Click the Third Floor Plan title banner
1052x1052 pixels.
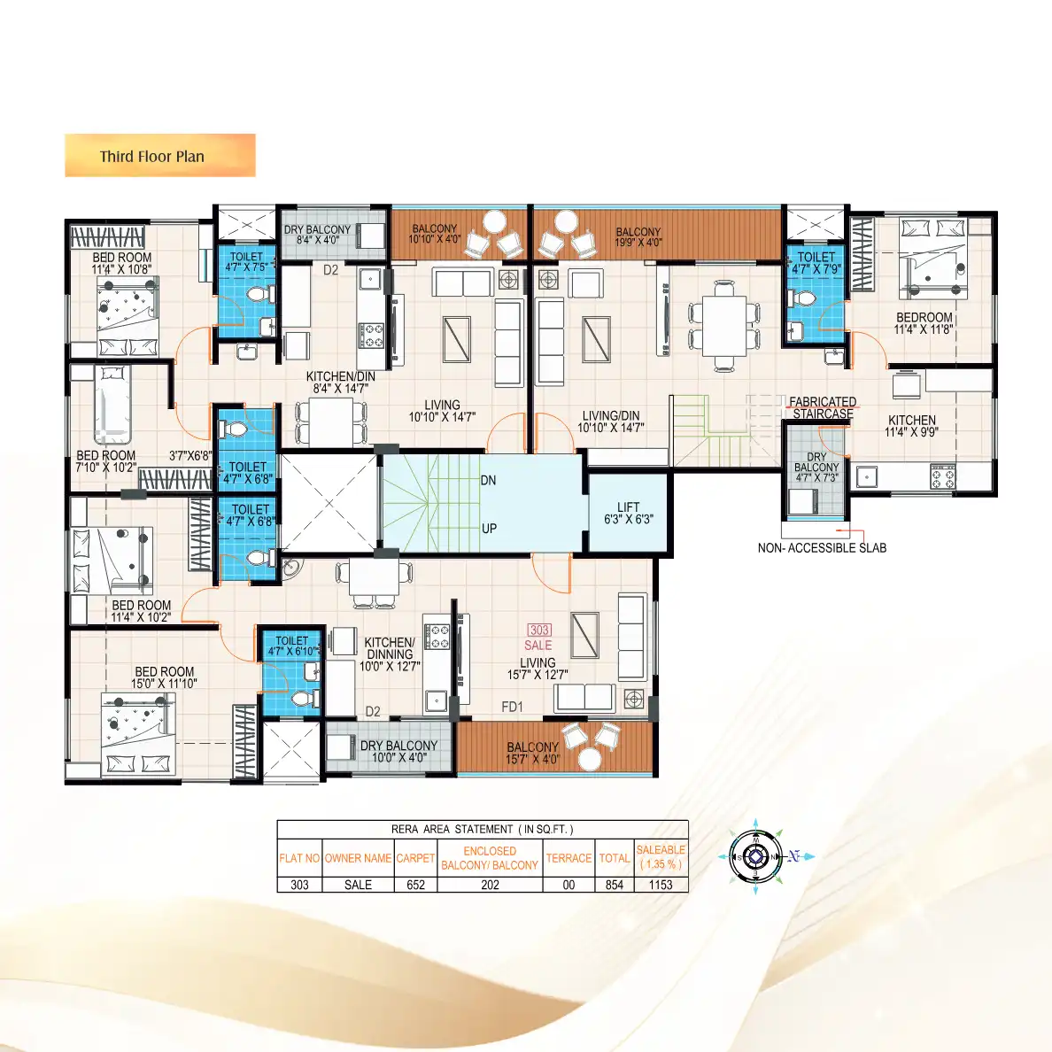[x=159, y=156]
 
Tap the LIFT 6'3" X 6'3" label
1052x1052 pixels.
[x=628, y=514]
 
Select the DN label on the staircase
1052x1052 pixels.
[x=488, y=481]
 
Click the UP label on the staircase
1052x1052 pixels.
[x=489, y=529]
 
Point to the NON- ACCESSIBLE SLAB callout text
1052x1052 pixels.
[x=822, y=548]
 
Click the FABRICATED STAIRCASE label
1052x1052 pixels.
[x=823, y=407]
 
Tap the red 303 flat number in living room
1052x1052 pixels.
[x=539, y=630]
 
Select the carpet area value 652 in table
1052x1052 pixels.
[x=415, y=885]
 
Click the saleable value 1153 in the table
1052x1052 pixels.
[x=661, y=885]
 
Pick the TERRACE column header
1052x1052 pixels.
[x=569, y=858]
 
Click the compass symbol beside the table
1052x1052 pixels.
[x=754, y=856]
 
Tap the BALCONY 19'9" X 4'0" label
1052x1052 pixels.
[x=638, y=236]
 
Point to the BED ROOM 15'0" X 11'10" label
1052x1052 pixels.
[x=165, y=677]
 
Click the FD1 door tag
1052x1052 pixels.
[x=512, y=707]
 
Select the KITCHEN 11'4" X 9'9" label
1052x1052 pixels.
[x=911, y=426]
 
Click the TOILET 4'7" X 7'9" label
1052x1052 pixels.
[x=816, y=263]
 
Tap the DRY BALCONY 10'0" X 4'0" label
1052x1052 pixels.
[x=398, y=751]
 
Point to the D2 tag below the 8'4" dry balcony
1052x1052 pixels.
[x=330, y=270]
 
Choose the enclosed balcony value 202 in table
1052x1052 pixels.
[x=490, y=885]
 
